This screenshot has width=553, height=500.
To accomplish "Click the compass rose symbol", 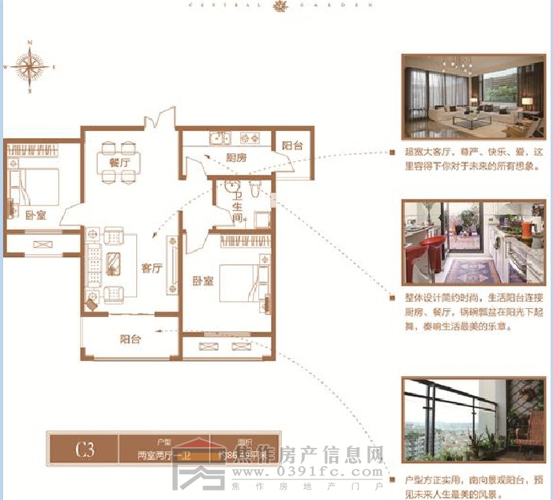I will click(30, 67).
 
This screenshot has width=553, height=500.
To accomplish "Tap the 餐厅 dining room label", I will click(108, 162).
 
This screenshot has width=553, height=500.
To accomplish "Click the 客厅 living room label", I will click(152, 268).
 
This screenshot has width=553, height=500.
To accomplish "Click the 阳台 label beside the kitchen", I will click(292, 145).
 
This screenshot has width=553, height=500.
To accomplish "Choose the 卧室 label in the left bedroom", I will click(34, 215).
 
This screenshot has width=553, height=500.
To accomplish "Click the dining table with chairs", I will click(118, 162).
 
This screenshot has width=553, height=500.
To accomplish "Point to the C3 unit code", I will click(85, 451).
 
